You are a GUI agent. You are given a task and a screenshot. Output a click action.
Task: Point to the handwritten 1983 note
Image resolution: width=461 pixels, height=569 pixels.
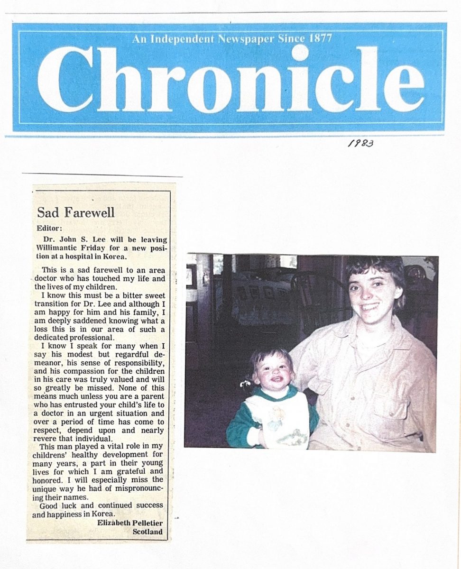[360, 143]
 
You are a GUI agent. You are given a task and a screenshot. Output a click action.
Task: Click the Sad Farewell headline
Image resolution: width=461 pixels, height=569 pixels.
[75, 212]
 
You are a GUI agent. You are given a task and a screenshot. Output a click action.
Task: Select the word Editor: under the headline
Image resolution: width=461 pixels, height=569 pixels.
[49, 228]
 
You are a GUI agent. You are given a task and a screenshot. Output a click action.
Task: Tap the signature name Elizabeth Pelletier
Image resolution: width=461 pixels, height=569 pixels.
[129, 523]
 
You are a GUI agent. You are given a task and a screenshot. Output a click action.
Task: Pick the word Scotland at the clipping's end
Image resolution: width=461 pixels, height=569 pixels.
[148, 532]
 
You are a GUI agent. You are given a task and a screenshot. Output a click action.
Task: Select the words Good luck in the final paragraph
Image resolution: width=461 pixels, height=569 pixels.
[60, 505]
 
